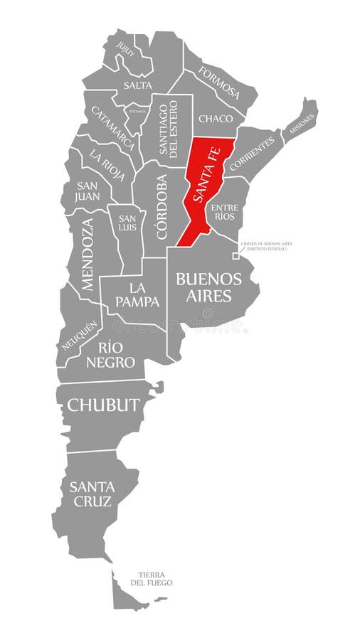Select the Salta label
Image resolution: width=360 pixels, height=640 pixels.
(137, 85)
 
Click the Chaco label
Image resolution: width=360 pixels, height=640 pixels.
(216, 119)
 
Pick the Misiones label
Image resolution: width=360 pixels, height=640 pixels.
(301, 118)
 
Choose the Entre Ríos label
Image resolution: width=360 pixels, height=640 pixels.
(223, 210)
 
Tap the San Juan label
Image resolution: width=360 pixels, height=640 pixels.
(88, 190)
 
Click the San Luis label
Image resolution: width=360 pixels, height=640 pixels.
(127, 222)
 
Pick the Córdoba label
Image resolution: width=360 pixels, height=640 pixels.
(162, 206)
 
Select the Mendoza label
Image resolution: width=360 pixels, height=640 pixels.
(87, 254)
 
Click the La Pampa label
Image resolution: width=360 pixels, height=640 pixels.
(139, 294)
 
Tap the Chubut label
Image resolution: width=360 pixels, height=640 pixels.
(102, 405)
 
